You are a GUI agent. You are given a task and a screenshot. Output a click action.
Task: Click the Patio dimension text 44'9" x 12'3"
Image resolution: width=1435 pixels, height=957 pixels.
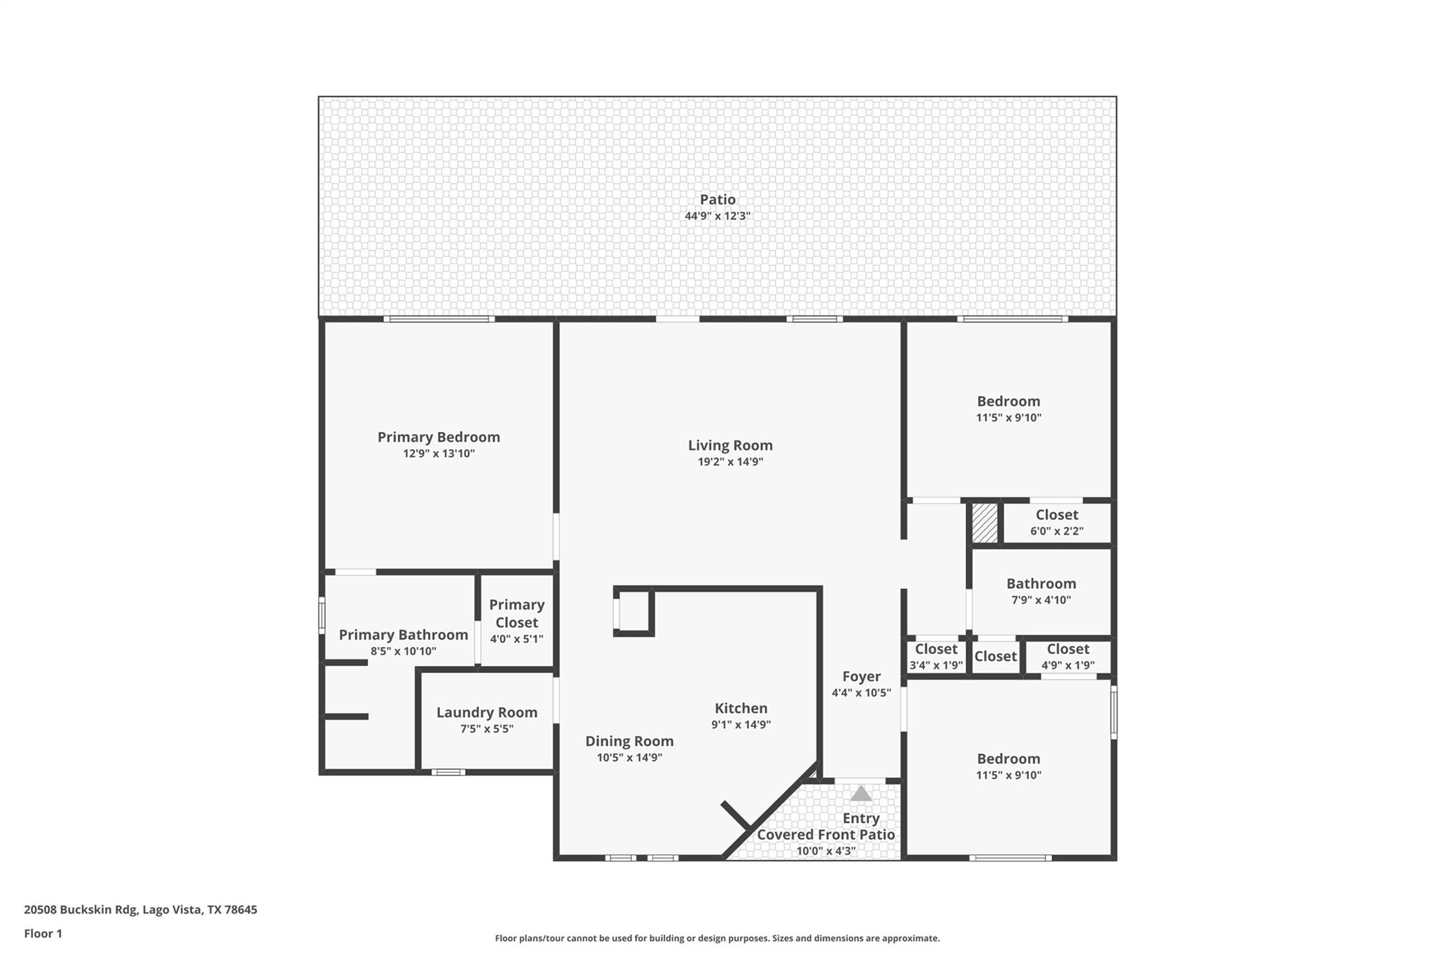click(717, 216)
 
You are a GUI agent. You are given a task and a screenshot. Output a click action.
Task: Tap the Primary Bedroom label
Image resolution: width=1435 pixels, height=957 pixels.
click(439, 437)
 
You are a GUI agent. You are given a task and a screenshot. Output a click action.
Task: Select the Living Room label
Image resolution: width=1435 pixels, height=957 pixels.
click(730, 445)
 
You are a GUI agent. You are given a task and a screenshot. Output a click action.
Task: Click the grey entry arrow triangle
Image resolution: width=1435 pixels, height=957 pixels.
click(860, 794)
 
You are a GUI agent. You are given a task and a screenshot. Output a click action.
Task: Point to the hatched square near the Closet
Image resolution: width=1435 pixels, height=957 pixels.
click(984, 523)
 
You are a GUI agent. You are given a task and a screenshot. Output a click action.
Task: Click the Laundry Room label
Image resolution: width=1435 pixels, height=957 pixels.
click(487, 712)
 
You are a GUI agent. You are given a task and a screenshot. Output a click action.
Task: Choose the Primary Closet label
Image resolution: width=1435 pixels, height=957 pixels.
click(516, 613)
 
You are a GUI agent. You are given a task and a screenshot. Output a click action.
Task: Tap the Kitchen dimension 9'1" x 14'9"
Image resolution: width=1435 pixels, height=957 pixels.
click(741, 725)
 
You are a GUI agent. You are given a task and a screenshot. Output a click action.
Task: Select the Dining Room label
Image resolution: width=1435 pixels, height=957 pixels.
click(629, 741)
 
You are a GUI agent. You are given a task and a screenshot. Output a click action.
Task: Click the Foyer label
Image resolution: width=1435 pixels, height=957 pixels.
click(861, 677)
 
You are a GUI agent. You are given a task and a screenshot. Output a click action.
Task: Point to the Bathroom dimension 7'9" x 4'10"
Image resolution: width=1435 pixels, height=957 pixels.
click(1041, 600)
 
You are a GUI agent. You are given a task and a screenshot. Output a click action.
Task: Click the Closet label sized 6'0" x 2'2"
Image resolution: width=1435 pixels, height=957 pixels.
click(1057, 515)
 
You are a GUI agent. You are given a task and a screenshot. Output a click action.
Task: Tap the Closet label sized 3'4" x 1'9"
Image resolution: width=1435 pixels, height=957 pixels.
click(936, 649)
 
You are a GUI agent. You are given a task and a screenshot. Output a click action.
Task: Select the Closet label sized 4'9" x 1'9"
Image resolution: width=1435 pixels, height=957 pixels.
click(1068, 649)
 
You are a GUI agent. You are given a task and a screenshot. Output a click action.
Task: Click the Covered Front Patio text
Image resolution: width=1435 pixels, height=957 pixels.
click(825, 834)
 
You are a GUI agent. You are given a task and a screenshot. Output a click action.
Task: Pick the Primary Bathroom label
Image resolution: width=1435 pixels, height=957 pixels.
click(403, 634)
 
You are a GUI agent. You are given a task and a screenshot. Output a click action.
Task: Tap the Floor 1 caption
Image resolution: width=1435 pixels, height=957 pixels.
click(43, 933)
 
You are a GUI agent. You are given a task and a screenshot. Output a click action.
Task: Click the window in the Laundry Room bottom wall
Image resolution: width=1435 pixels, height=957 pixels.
click(448, 772)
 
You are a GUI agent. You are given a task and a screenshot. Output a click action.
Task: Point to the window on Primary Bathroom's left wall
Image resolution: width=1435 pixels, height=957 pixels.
click(322, 615)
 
